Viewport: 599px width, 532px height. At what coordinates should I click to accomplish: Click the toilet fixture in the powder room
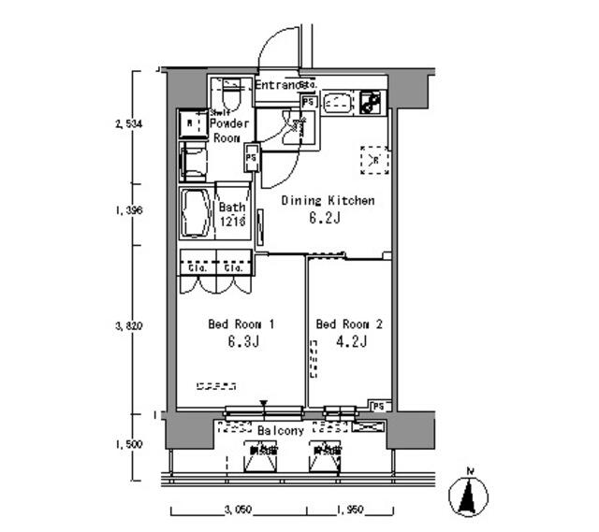230,95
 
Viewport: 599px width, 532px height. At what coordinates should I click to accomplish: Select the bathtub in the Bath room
197,214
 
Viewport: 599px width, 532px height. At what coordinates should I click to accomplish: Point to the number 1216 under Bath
233,222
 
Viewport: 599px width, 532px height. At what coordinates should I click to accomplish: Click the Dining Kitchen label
329,200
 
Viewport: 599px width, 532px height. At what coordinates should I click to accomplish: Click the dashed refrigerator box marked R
375,160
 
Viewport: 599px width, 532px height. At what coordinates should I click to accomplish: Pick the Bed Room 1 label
241,324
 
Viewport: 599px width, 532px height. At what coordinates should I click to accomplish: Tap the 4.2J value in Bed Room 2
350,342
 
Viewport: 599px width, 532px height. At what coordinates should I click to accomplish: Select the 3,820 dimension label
127,326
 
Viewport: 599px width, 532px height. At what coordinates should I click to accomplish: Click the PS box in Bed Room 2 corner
378,406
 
